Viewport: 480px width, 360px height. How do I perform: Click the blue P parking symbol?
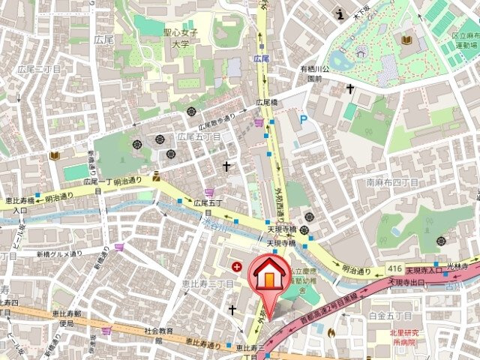303,119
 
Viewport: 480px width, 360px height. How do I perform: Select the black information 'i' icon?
340,13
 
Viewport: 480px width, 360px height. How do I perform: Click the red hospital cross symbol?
237,265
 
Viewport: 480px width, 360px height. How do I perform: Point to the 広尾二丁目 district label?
38,69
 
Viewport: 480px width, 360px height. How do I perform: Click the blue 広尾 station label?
261,58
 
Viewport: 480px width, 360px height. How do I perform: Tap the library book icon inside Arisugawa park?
406,39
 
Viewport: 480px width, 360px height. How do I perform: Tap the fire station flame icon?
331,331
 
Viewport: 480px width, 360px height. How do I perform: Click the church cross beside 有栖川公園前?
349,88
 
